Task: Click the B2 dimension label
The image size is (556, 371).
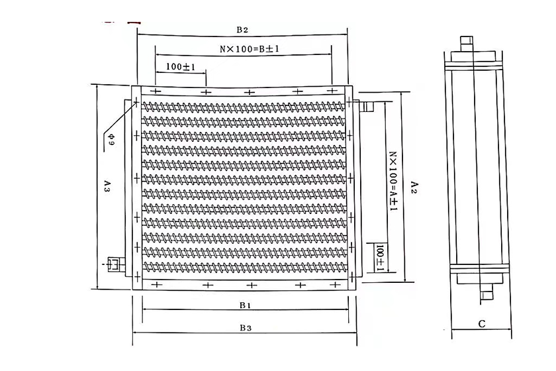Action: coord(242,30)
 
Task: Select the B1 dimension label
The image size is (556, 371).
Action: coord(246,305)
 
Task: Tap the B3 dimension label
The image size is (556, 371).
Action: coord(246,328)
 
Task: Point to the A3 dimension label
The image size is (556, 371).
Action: coord(107,187)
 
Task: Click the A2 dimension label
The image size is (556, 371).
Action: coord(414,187)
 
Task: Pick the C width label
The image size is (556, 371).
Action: coord(482,324)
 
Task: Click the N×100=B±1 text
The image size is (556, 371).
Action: coord(250,48)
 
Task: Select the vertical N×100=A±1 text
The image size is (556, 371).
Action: coord(393,182)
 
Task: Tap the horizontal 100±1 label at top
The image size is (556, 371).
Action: coord(181,66)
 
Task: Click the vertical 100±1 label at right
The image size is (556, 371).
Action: coord(380,258)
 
